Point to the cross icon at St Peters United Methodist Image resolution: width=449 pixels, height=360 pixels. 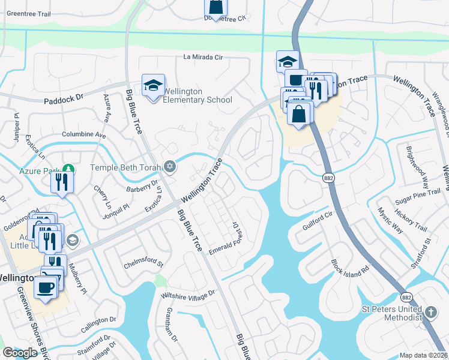(431, 312)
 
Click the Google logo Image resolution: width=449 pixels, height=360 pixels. (20, 353)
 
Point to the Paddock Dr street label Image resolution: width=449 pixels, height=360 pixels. (63, 101)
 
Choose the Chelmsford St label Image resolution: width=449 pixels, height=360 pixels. (143, 262)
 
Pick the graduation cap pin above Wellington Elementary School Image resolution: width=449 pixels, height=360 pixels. (153, 85)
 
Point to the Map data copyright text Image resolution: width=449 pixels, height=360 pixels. (424, 355)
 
